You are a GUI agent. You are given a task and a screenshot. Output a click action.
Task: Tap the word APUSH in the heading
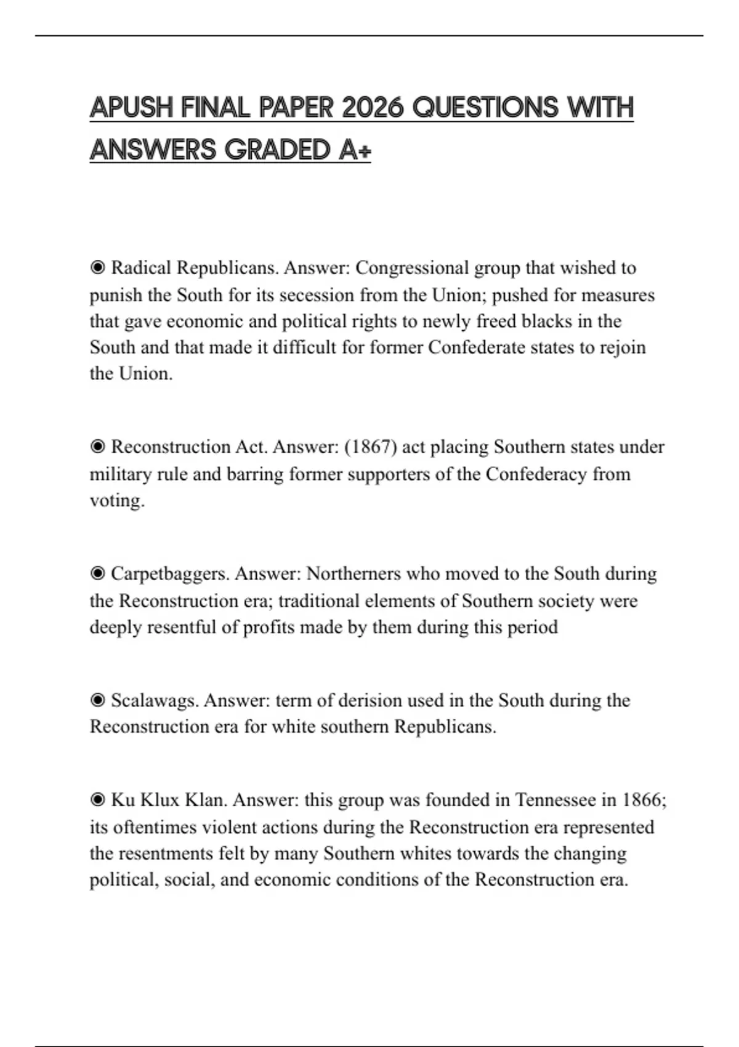click(x=131, y=108)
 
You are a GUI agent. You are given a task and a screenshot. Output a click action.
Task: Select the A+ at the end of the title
click(x=355, y=150)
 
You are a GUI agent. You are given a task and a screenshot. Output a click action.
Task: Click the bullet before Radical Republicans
click(x=97, y=268)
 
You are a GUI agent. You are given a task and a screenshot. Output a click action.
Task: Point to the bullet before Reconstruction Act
click(x=97, y=447)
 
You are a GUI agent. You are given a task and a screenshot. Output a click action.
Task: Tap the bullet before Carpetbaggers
click(x=97, y=573)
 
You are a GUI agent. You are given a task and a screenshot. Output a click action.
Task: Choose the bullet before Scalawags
click(x=97, y=700)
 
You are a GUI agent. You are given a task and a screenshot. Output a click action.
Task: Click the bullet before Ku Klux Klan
click(x=97, y=800)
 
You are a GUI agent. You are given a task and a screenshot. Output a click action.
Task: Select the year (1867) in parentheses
click(x=371, y=447)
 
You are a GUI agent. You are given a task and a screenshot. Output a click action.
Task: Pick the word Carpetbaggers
click(x=170, y=573)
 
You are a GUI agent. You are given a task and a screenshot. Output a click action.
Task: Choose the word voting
click(x=117, y=500)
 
